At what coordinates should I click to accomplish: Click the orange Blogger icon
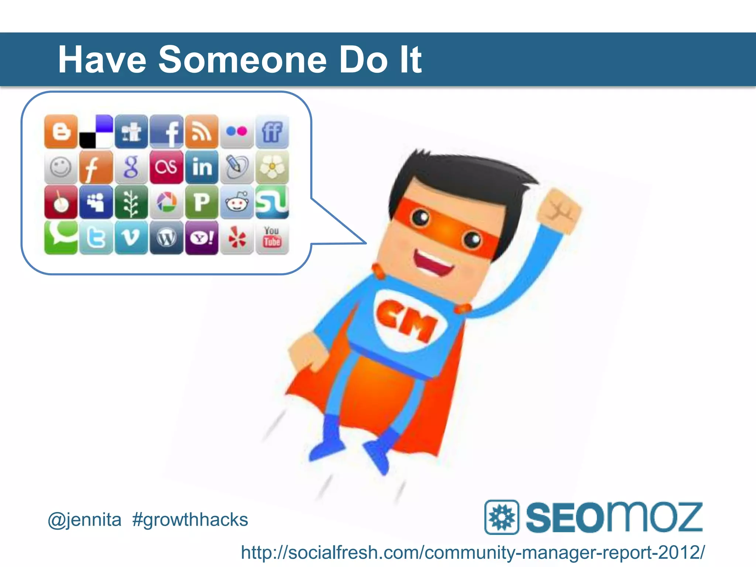pos(61,131)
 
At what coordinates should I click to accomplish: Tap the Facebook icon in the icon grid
pos(166,131)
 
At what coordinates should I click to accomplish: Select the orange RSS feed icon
pos(202,131)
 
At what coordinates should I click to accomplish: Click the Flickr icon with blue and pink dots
pos(237,131)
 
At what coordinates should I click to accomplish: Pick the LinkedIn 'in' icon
pos(202,167)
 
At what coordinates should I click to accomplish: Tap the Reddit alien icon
pos(237,202)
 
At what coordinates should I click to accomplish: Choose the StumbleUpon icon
pos(272,202)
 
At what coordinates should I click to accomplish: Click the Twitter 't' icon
pos(96,238)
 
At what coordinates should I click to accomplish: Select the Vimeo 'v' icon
pos(131,238)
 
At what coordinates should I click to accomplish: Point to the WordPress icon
pos(166,238)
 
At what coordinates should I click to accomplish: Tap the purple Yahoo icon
pos(202,238)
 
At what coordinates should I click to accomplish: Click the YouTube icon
pos(272,238)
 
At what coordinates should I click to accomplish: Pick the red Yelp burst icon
pos(237,238)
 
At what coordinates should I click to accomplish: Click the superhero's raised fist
pos(559,212)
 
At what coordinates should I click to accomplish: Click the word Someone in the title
pos(243,60)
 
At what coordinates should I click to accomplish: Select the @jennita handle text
pos(85,520)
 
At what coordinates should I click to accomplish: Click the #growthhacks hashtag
pos(190,520)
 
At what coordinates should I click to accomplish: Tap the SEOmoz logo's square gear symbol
pos(501,517)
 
